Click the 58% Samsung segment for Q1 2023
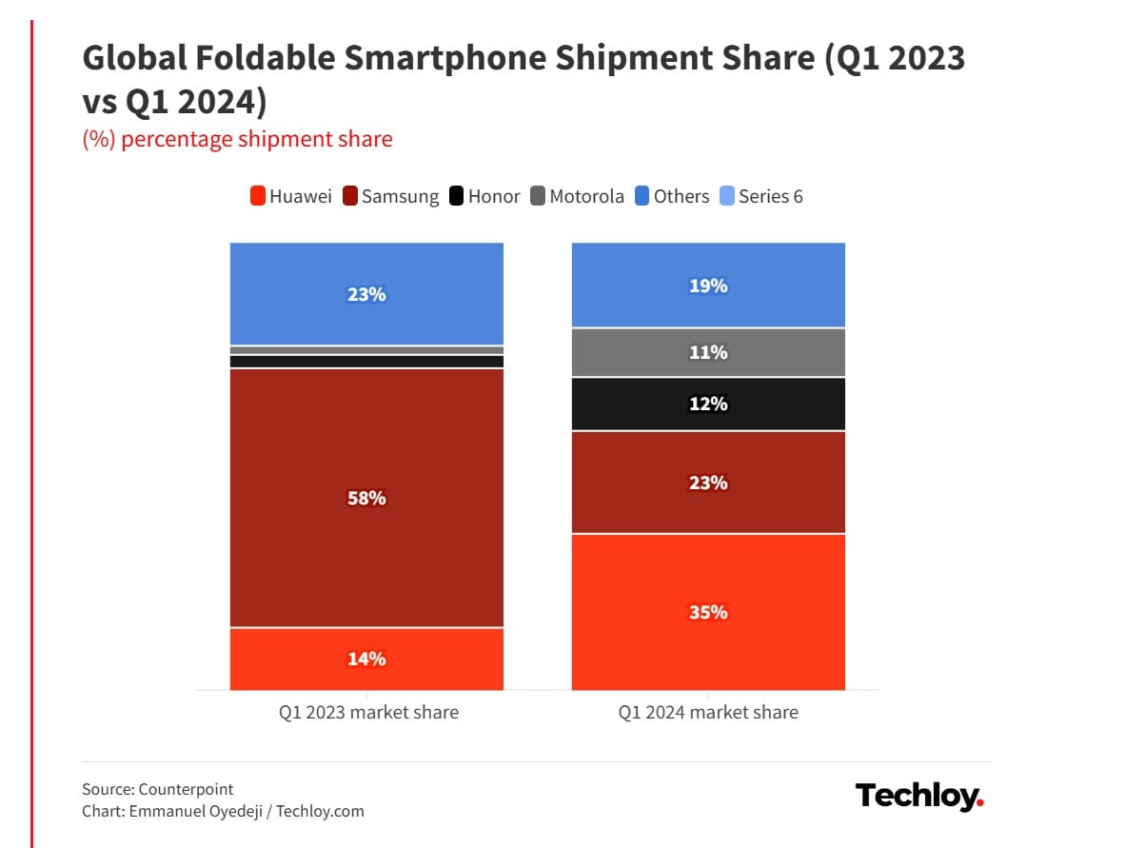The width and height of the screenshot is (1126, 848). tap(366, 498)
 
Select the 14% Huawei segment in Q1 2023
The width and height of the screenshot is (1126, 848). tap(366, 659)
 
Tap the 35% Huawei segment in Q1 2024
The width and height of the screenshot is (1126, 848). tap(708, 612)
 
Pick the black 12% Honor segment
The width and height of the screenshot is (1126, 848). tap(708, 404)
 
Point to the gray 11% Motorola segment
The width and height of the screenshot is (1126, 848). tap(708, 353)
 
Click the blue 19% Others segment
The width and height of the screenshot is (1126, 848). tap(708, 286)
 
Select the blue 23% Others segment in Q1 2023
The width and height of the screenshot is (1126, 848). tap(366, 294)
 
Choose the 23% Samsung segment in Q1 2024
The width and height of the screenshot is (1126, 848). tap(708, 483)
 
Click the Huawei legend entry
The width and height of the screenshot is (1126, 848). tap(291, 197)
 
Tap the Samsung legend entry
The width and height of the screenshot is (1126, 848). tap(391, 197)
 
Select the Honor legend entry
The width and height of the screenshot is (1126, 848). tap(484, 197)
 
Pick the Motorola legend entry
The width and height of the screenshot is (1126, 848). tap(577, 197)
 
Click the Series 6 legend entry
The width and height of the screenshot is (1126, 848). tap(761, 197)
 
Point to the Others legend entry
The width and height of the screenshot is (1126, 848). tap(672, 197)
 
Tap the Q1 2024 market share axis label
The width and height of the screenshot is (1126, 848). tap(708, 712)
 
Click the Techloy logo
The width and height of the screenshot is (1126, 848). tap(919, 796)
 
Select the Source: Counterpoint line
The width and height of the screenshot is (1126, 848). tap(158, 789)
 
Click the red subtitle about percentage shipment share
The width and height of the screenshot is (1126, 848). tap(238, 139)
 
